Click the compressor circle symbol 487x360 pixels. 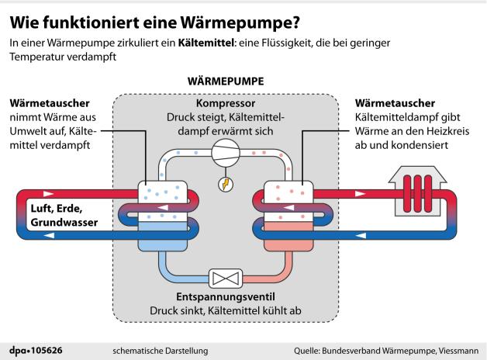(225, 154)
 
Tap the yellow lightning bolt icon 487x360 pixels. (225, 185)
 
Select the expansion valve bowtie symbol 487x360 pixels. (224, 278)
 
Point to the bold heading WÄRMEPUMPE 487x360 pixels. (226, 81)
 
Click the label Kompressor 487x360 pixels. (226, 102)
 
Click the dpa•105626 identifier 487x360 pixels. (36, 351)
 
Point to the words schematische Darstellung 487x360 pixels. (161, 351)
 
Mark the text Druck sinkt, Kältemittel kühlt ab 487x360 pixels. (225, 311)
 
